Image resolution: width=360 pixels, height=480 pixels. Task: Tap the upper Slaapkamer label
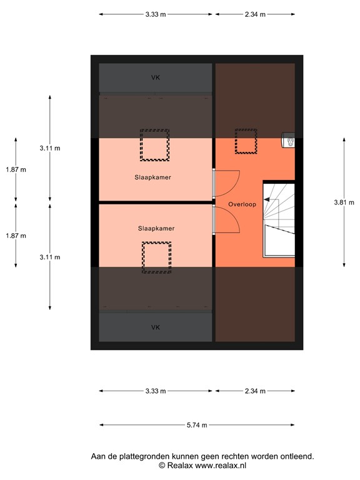[152, 177]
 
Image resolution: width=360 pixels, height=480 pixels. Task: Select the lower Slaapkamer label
[156, 229]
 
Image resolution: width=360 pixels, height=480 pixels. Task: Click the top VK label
[156, 78]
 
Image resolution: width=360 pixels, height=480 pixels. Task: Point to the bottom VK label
[156, 327]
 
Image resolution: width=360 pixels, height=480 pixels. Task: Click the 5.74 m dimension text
[197, 425]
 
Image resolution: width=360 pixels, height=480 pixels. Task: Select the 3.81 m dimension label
[344, 202]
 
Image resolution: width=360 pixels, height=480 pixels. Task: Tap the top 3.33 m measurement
[156, 14]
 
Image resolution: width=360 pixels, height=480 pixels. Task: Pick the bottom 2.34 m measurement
[255, 391]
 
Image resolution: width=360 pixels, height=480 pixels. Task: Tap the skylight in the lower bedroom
[156, 257]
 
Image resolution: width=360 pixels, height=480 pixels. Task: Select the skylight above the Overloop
[246, 141]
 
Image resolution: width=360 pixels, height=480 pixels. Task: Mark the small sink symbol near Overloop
[288, 141]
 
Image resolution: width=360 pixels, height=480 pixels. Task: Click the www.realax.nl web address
[221, 466]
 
